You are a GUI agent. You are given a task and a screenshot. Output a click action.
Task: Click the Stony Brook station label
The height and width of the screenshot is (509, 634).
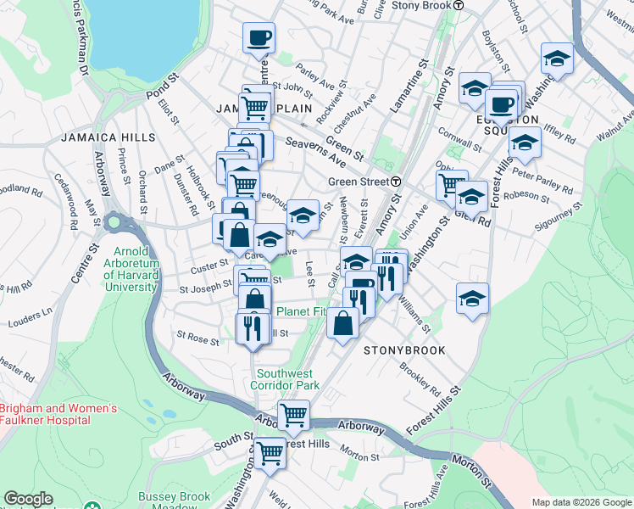[x=427, y=5]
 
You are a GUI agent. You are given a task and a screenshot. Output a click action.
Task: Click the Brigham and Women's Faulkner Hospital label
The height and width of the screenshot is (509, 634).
[x=57, y=414]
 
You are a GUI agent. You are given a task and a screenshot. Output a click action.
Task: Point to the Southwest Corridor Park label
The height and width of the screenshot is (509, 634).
[x=285, y=379]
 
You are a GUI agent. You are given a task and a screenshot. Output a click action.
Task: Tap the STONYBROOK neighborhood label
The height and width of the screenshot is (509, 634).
[x=405, y=350]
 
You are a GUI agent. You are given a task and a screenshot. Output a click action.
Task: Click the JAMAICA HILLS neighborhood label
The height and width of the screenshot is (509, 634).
[x=108, y=137]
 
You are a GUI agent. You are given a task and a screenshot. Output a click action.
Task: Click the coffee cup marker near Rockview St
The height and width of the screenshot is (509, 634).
[x=259, y=37]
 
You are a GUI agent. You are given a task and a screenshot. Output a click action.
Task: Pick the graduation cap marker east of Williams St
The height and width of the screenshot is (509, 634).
[x=472, y=299]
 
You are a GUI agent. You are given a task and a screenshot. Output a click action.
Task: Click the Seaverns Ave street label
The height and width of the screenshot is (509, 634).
[x=316, y=150]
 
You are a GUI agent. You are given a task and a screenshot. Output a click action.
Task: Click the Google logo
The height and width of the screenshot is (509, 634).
[x=29, y=499]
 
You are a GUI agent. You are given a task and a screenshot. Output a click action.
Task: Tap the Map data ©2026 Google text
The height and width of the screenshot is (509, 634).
[x=581, y=502]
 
